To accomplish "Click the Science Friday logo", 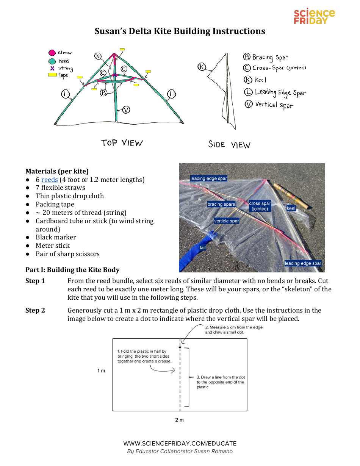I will coord(314,17).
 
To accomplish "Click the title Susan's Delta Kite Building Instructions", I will coord(180,31).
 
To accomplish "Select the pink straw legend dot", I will coord(52,53).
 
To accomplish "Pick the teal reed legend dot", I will coord(52,61).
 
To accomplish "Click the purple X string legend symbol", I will coord(52,68).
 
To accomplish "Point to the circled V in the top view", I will coord(126,110).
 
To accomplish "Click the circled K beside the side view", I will coord(202,67).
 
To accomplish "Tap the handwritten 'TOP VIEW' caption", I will coord(122,143).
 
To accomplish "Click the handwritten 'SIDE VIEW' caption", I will coord(229,145).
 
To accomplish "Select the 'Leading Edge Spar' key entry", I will coord(275,92).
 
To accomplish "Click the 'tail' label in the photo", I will coord(203,247).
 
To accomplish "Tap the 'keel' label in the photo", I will coord(291,208).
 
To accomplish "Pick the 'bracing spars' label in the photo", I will coord(221,204).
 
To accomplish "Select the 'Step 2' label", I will coord(35,310).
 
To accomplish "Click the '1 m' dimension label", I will coord(101,371).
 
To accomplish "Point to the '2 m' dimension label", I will coord(179,420).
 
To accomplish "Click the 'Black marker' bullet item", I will coord(56,237).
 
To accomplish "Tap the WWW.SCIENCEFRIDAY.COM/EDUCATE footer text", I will coord(180,443).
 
